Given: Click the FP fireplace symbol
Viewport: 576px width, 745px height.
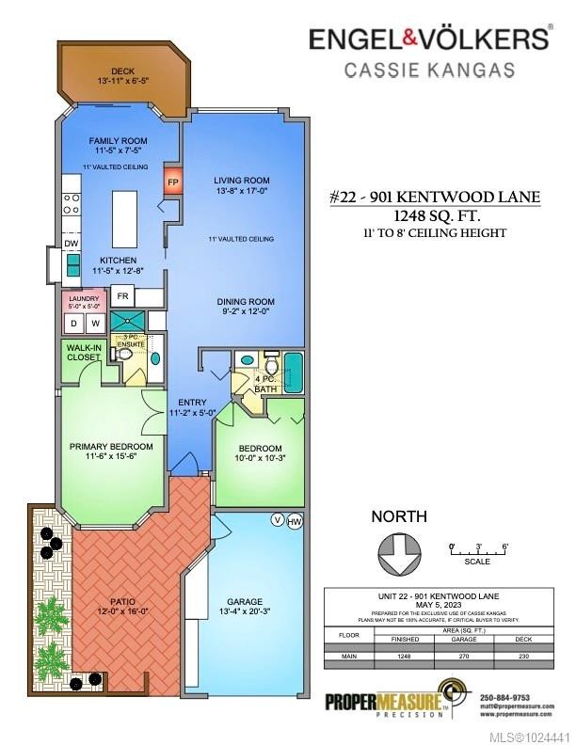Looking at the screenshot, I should [x=173, y=181].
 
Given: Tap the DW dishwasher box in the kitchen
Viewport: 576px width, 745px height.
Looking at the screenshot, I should [x=72, y=243].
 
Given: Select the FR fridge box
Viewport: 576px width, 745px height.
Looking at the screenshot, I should [x=122, y=296].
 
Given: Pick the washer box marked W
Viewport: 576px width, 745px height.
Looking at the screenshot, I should [x=96, y=324].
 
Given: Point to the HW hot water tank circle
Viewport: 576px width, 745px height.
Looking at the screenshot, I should [x=294, y=520].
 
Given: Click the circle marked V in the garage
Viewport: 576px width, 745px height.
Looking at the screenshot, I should [x=277, y=519].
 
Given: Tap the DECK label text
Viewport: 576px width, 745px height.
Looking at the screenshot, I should [x=123, y=71].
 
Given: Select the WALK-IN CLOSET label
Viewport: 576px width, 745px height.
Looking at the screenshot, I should [x=82, y=352].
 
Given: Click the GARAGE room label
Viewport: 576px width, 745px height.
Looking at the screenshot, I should [x=244, y=602].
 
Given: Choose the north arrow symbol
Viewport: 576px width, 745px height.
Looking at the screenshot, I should [x=399, y=552].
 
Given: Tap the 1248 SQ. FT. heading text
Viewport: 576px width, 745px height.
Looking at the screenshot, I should [x=435, y=214].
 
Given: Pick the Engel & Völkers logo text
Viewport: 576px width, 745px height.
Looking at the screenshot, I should [x=430, y=39].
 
